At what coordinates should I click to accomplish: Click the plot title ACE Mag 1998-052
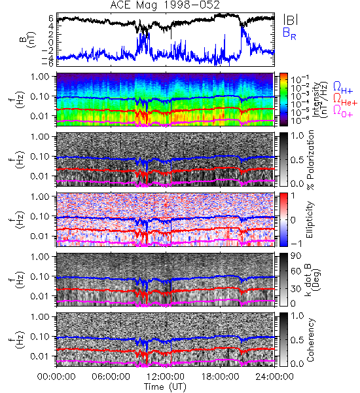[x=165, y=5]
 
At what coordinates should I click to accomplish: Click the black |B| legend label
[x=291, y=20]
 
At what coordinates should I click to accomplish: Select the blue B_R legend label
[x=290, y=34]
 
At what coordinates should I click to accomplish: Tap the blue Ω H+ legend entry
[x=343, y=88]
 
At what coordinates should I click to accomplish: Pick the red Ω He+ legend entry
[x=345, y=100]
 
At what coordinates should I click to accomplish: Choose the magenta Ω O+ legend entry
[x=343, y=111]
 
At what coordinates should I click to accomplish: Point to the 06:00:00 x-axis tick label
[x=111, y=377]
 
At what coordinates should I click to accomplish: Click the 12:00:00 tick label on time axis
[x=166, y=377]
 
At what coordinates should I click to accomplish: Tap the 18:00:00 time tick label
[x=220, y=377]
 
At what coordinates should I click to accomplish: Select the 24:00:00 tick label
[x=274, y=377]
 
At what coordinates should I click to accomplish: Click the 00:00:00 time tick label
[x=56, y=377]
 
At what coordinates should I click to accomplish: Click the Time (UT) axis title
[x=165, y=387]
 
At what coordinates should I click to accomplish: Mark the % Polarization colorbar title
[x=311, y=160]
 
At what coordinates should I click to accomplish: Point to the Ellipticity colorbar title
[x=310, y=219]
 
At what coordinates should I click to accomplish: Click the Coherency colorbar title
[x=310, y=340]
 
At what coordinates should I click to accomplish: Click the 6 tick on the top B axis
[x=51, y=18]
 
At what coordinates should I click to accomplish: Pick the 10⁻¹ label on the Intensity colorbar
[x=297, y=79]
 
